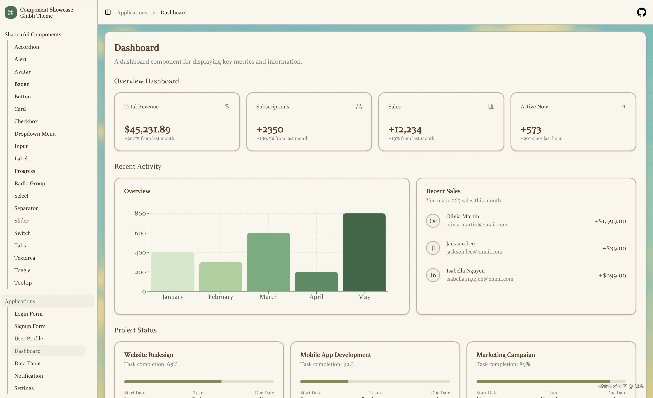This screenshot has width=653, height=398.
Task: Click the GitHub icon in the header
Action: point(641,12)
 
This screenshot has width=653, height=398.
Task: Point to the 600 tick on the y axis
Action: point(140,233)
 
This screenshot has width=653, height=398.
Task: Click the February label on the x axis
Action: point(221,297)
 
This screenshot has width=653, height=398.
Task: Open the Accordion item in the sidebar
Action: point(27,47)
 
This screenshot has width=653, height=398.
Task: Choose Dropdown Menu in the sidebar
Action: point(35,134)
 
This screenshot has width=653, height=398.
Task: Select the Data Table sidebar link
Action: point(27,363)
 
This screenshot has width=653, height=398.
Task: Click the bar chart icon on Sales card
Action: point(491,106)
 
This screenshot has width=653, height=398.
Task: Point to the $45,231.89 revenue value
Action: point(147,130)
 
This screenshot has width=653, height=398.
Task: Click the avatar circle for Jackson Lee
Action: point(433,248)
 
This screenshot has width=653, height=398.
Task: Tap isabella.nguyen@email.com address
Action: point(480,279)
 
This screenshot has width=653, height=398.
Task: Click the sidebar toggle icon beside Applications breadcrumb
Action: point(108,12)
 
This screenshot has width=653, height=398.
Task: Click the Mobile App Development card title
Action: point(335,355)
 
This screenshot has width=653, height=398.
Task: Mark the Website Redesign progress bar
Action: point(199,382)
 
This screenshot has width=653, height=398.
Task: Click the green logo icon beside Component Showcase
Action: point(11,12)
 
